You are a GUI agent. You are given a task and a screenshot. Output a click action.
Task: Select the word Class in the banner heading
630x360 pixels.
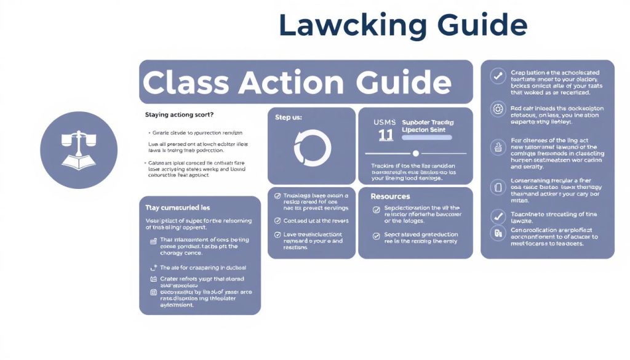pyautogui.click(x=186, y=82)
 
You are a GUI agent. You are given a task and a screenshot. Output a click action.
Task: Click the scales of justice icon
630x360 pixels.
pyautogui.click(x=78, y=150)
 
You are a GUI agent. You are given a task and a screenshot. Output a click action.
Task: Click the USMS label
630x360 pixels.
pyautogui.click(x=385, y=122)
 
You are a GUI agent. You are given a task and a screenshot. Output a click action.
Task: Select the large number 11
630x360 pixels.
pyautogui.click(x=385, y=135)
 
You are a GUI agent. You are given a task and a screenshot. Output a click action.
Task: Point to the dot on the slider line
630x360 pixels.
pyautogui.click(x=415, y=153)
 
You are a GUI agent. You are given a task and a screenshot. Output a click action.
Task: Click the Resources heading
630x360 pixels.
pyautogui.click(x=390, y=196)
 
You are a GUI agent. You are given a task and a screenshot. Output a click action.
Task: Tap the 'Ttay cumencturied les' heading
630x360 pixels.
pyautogui.click(x=177, y=208)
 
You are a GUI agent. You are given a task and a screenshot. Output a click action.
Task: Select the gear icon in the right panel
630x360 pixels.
pyautogui.click(x=497, y=110)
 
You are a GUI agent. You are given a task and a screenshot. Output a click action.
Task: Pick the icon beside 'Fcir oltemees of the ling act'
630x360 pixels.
pyautogui.click(x=497, y=147)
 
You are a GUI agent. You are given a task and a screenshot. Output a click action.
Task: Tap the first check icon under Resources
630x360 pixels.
pyautogui.click(x=377, y=209)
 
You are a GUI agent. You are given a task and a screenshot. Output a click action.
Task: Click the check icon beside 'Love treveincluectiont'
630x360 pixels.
pyautogui.click(x=277, y=235)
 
